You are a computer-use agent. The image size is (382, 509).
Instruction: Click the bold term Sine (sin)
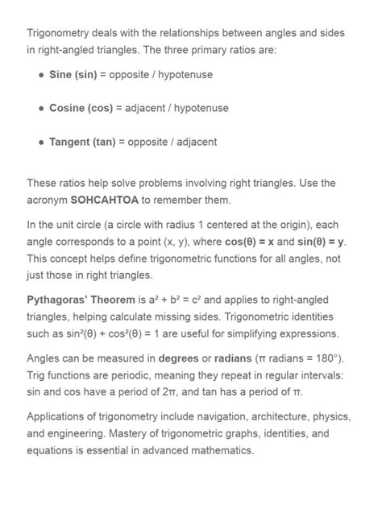pyautogui.click(x=73, y=74)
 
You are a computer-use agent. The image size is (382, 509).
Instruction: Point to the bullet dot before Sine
pyautogui.click(x=41, y=75)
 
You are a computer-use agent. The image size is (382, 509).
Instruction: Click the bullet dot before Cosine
pyautogui.click(x=41, y=109)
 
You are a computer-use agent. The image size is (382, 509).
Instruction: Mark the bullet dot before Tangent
pyautogui.click(x=41, y=143)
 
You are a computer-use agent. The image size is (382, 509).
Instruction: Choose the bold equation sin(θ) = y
pyautogui.click(x=320, y=242)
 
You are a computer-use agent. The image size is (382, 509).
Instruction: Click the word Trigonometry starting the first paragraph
pyautogui.click(x=61, y=33)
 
